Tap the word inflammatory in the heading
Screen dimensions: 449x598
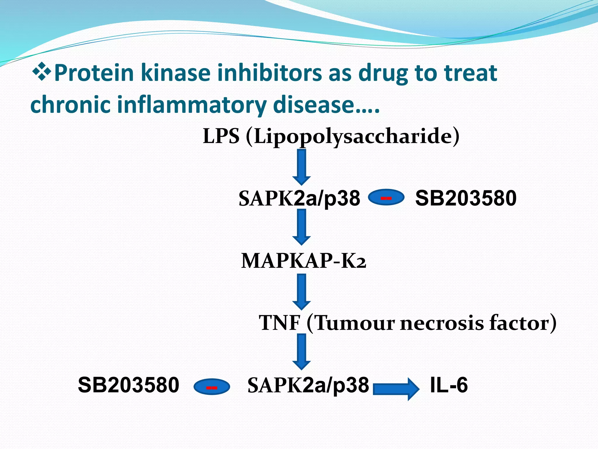coord(192,104)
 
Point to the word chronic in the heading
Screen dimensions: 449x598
coord(70,104)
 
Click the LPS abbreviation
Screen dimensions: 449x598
coord(221,136)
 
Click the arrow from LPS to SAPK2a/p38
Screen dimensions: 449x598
coord(301,167)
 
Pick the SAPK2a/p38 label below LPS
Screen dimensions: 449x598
coord(299,198)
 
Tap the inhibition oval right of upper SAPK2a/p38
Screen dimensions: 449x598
coord(386,198)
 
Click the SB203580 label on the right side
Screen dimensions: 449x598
coord(466,198)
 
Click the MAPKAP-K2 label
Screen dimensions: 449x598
coord(303,261)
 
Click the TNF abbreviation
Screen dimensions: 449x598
coord(279,323)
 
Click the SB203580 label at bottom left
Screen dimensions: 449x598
coord(128,385)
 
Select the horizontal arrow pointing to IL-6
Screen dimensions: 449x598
coord(396,388)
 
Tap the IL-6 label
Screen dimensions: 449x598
coord(449,385)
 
